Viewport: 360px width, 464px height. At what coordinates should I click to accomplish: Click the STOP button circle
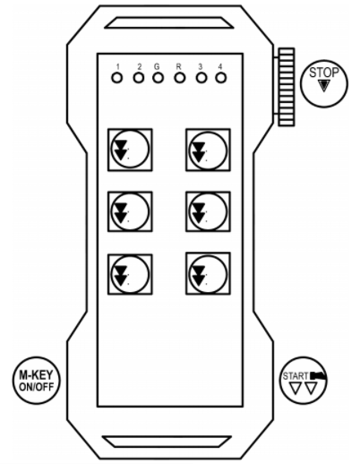coord(324,83)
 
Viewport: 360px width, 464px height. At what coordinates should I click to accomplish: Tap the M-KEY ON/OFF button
coord(37,380)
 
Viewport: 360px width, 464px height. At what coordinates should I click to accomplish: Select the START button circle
coord(304,381)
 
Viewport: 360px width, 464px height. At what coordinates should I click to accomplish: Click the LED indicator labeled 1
coord(117,78)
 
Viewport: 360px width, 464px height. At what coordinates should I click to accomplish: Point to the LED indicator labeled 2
coord(139,78)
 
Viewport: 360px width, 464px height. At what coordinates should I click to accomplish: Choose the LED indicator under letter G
coord(158,78)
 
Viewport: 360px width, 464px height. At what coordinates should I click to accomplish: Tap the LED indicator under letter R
coord(180,78)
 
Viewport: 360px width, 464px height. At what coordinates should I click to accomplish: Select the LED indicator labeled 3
coord(201,78)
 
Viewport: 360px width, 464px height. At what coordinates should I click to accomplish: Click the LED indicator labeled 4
coord(221,78)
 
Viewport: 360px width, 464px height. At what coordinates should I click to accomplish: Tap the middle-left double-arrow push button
coord(130,211)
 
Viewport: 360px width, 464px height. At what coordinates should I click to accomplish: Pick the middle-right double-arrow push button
coord(208,211)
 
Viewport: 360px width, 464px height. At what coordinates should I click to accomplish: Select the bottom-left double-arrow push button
coord(130,274)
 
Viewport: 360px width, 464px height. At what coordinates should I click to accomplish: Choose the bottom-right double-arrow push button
coord(208,273)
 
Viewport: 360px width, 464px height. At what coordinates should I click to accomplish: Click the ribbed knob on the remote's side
coord(287,87)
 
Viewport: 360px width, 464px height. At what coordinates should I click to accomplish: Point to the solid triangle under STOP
coord(324,86)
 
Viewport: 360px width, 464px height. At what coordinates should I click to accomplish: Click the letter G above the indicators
coord(157,67)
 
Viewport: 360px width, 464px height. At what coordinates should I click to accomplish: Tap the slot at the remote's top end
coord(169,22)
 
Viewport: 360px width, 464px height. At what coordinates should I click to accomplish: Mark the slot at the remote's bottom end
coord(167,442)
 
